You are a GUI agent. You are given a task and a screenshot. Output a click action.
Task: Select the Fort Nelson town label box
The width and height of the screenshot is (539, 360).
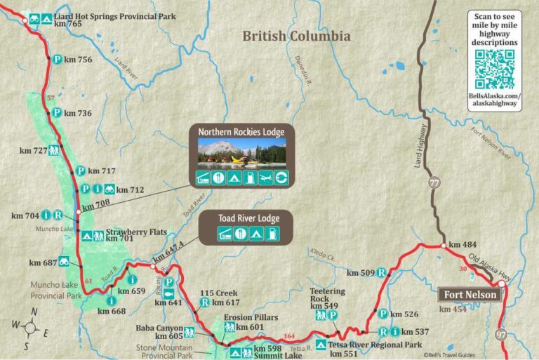pyautogui.click(x=470, y=294)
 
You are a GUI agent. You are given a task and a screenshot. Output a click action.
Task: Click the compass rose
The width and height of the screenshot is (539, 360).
pyautogui.click(x=29, y=326)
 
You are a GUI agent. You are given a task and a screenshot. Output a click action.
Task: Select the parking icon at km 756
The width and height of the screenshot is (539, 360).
pyautogui.click(x=56, y=60)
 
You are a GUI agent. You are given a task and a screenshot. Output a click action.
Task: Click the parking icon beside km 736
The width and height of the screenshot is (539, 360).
pyautogui.click(x=56, y=112)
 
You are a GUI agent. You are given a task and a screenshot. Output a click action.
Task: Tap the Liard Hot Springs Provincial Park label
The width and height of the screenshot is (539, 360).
pyautogui.click(x=115, y=15)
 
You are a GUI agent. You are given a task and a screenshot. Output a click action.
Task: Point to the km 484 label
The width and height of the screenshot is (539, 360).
pyautogui.click(x=463, y=244)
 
